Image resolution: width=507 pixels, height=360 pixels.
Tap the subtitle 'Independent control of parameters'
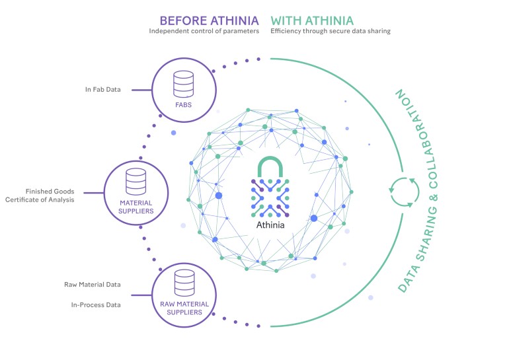coord(204,31)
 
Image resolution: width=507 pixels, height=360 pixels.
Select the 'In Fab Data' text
coord(102,89)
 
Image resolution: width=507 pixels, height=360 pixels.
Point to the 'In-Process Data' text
coord(95,305)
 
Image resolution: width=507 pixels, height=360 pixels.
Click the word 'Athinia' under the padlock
coord(274,224)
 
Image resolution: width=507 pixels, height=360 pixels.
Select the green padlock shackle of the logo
coord(274,164)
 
